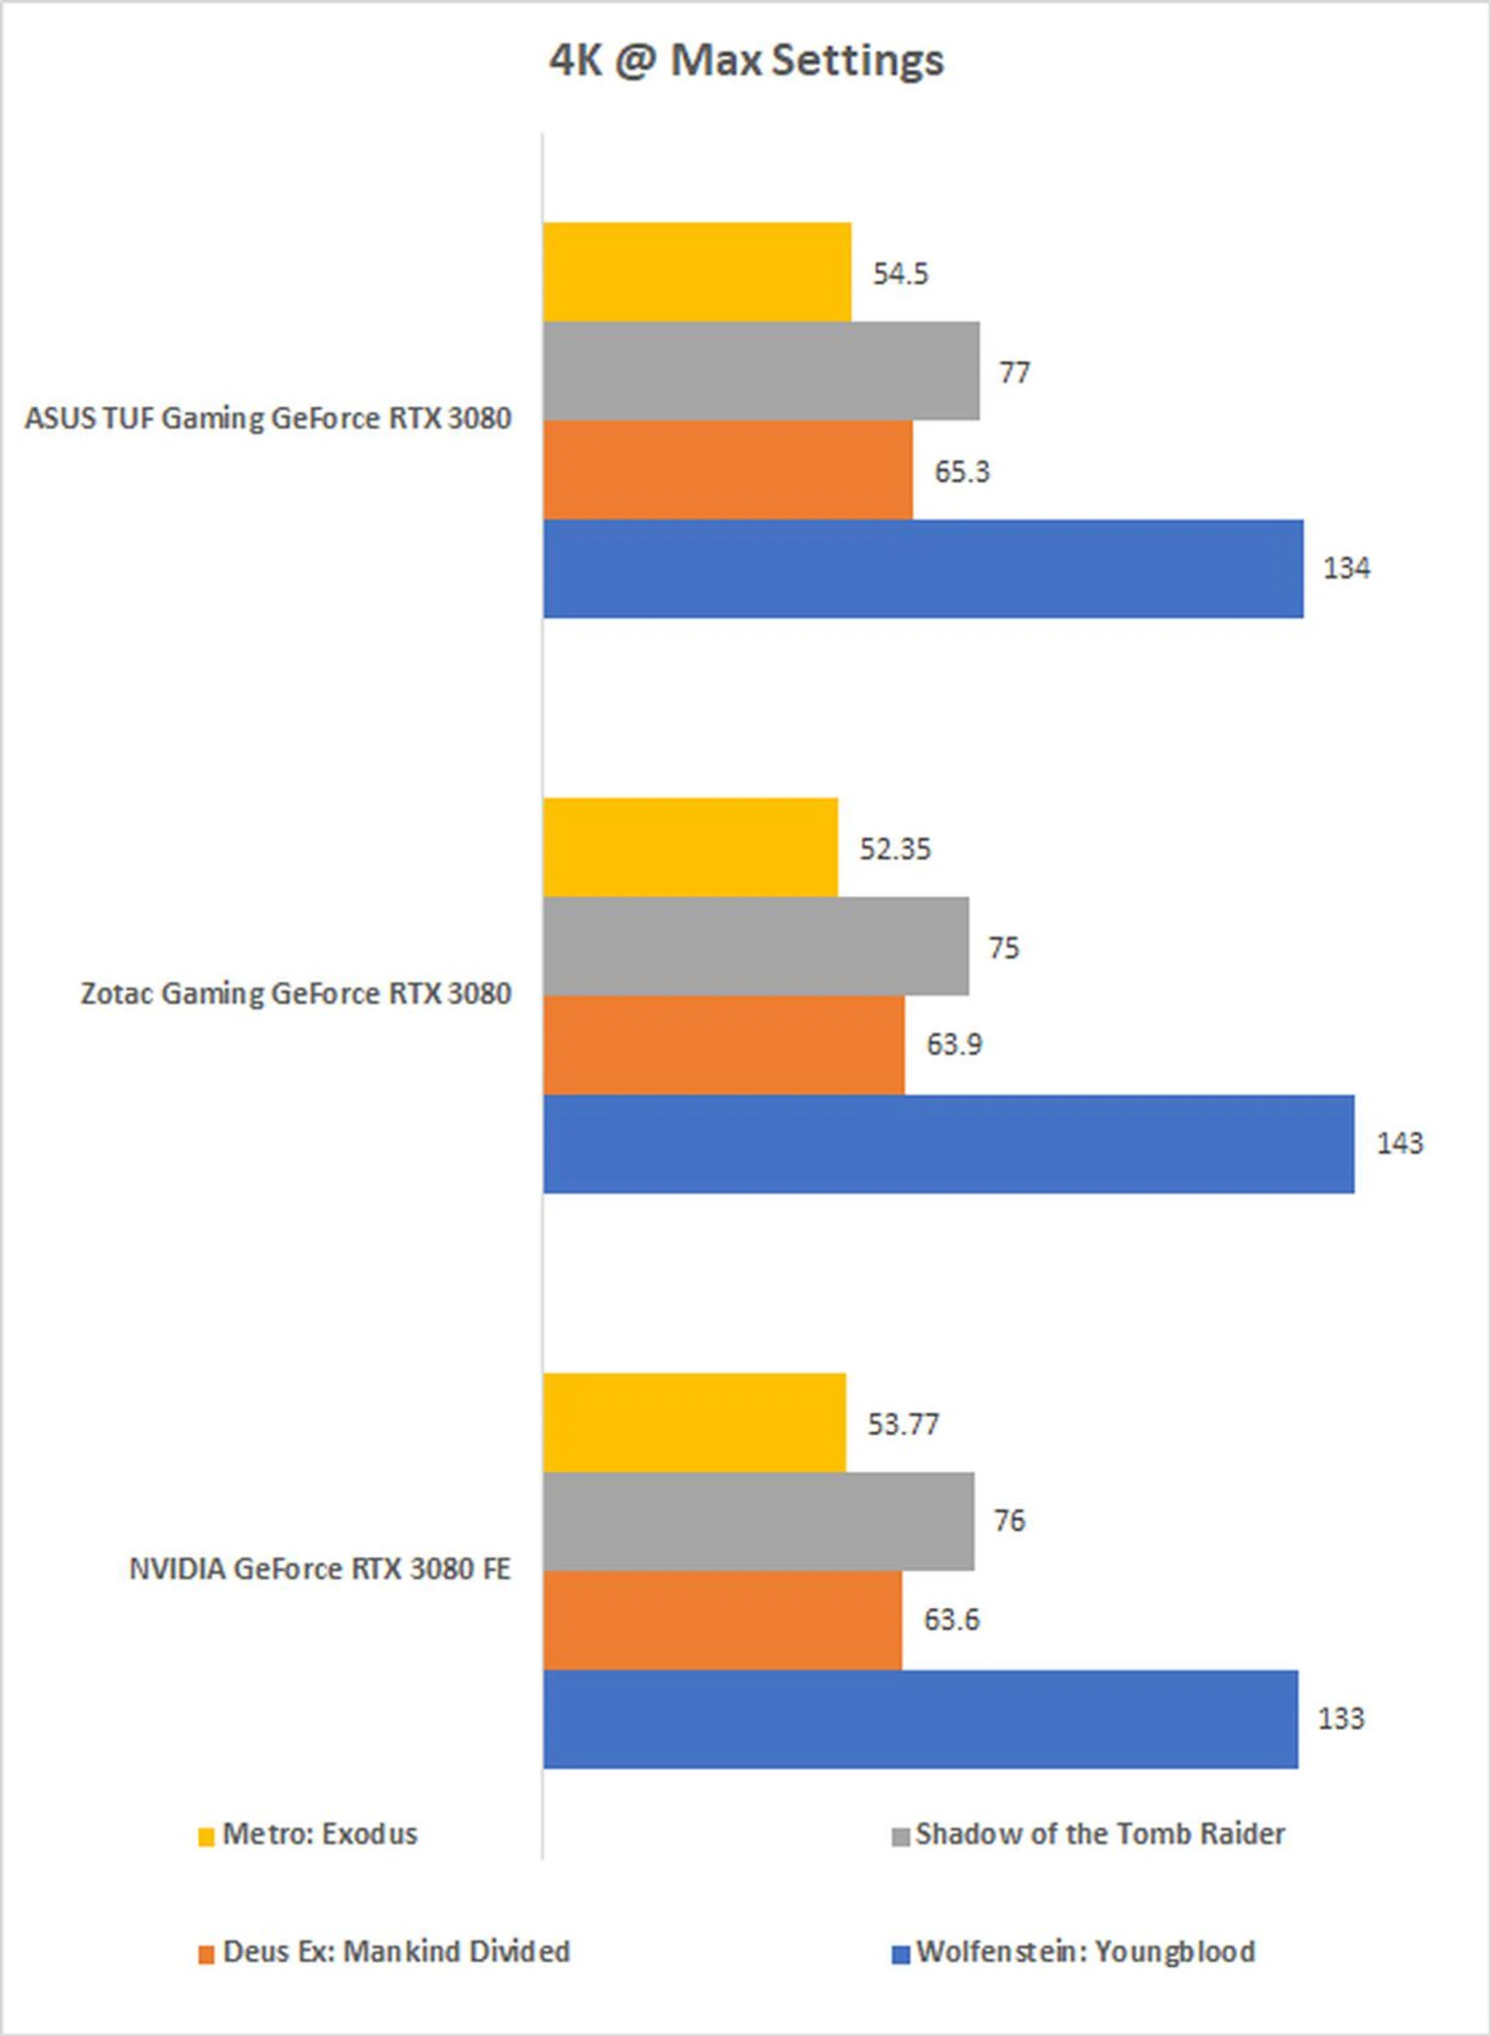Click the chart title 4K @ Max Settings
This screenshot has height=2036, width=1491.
click(x=746, y=61)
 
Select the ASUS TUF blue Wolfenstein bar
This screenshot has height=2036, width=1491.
click(x=923, y=568)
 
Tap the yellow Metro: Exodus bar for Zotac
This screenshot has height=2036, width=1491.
click(x=690, y=847)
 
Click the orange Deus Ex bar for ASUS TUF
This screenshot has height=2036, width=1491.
click(x=728, y=471)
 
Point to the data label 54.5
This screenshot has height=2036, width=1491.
click(x=900, y=274)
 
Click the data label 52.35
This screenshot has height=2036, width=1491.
click(x=895, y=849)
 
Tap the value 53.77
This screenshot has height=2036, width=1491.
click(x=902, y=1424)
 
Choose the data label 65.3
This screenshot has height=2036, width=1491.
click(x=961, y=472)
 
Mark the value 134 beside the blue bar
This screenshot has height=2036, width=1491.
click(x=1346, y=568)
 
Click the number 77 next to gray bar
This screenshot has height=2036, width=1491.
click(x=1013, y=373)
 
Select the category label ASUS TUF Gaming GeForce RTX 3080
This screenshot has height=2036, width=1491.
click(x=268, y=419)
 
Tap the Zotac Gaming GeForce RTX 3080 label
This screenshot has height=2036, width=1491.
click(x=296, y=994)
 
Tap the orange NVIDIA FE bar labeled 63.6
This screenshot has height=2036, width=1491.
click(x=722, y=1620)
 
